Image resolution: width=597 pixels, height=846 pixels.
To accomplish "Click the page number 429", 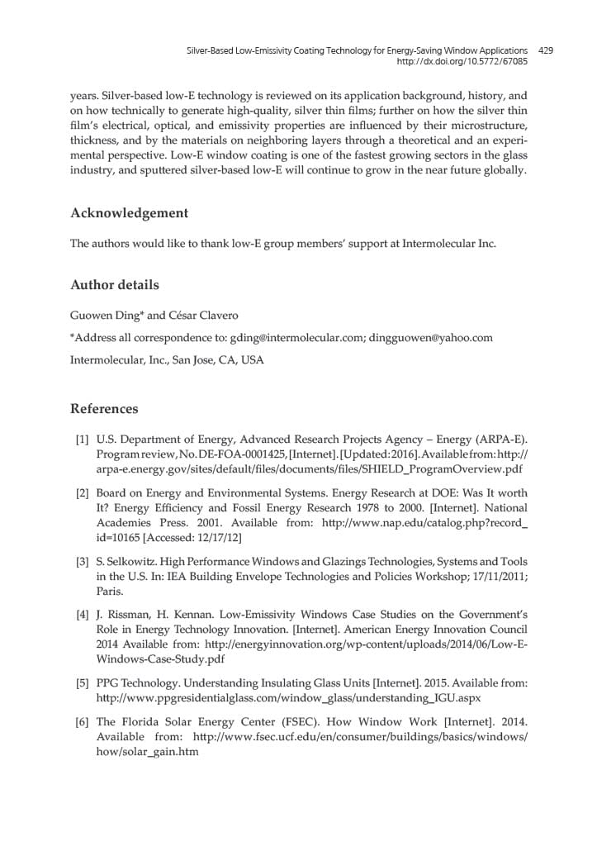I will pos(545,50).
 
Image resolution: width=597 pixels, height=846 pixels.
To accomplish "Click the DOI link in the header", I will pos(462,61).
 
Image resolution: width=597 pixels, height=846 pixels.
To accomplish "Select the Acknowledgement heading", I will pos(129,213).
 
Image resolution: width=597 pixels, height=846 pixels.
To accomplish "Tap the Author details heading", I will pos(115,285).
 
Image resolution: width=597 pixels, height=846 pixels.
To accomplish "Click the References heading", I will pos(104,409).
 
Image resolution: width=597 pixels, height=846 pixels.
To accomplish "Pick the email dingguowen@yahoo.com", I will pos(430,338).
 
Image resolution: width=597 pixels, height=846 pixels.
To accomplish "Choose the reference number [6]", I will pos(82,722).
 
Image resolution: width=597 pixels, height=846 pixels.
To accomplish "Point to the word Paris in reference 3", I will pos(110,592).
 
